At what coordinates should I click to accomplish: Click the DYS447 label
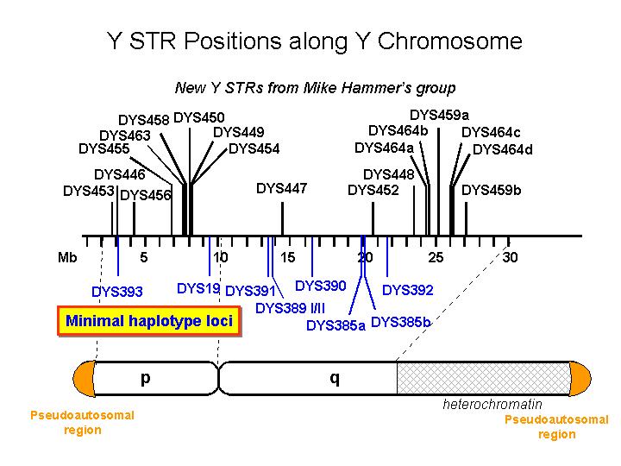[282, 188]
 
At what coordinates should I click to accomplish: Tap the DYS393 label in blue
[117, 292]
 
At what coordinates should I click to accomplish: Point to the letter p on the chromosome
[145, 377]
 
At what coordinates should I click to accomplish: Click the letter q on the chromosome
[335, 377]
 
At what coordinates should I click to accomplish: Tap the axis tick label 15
[288, 256]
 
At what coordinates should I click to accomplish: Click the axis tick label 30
[511, 256]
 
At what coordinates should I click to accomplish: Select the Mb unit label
[67, 256]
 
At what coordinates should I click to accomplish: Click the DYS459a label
[439, 115]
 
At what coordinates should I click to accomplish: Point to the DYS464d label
[503, 149]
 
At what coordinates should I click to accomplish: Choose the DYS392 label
[408, 290]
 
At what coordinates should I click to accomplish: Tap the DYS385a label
[336, 325]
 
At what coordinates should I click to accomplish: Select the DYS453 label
[89, 192]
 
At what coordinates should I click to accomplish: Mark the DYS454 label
[254, 148]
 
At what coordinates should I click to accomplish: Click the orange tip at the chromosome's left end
[84, 378]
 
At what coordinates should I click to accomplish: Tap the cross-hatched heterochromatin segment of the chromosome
[483, 378]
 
